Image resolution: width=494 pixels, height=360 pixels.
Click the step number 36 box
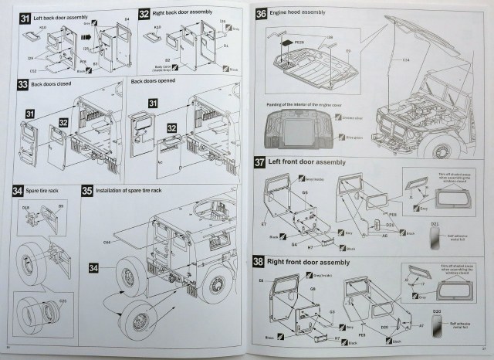[x=262, y=14]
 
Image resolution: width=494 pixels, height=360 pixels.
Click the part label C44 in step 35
[x=106, y=243]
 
